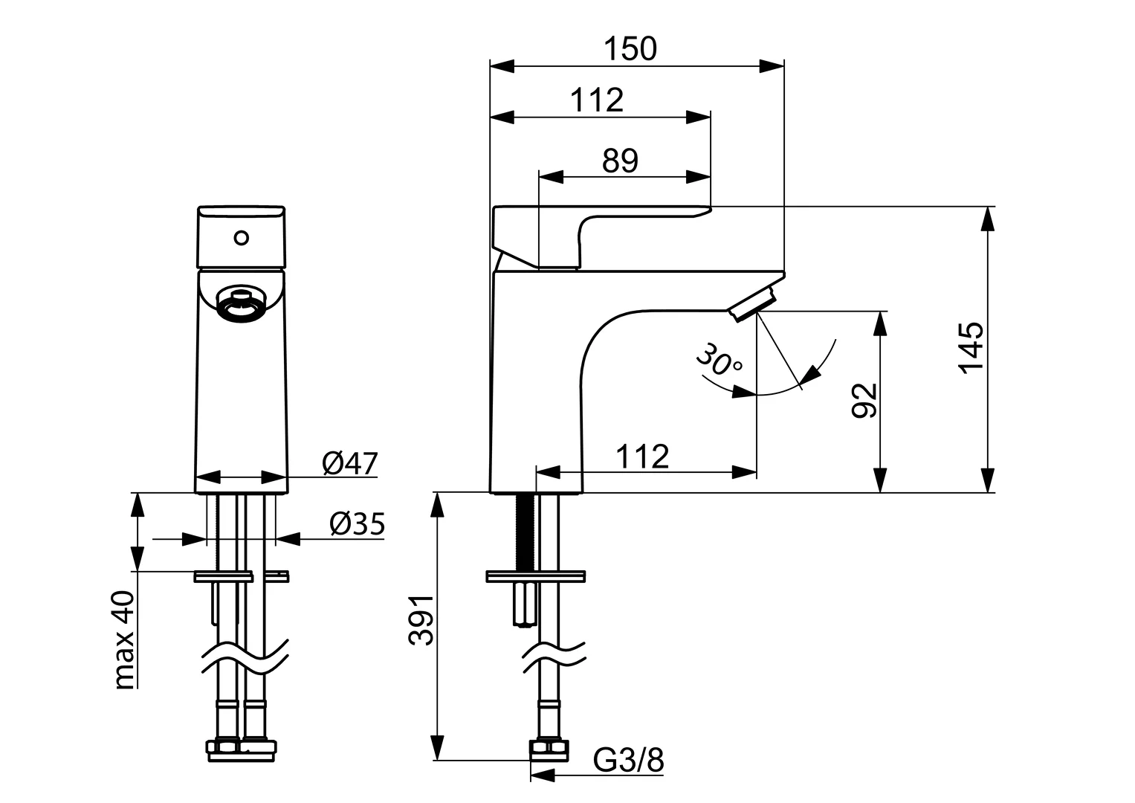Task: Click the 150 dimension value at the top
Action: coord(630,49)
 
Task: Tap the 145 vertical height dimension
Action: coord(971,348)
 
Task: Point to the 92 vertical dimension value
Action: coord(864,401)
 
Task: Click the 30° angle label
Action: coord(718,361)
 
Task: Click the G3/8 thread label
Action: coord(628,761)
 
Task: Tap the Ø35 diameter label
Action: coord(357,525)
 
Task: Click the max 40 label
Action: coord(124,640)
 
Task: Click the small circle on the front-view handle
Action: coord(240,238)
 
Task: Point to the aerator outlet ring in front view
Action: coord(240,307)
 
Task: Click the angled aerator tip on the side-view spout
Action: coord(752,306)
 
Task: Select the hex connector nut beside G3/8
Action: coord(549,750)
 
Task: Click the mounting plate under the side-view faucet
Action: coord(535,575)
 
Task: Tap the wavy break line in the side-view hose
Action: coord(554,654)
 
